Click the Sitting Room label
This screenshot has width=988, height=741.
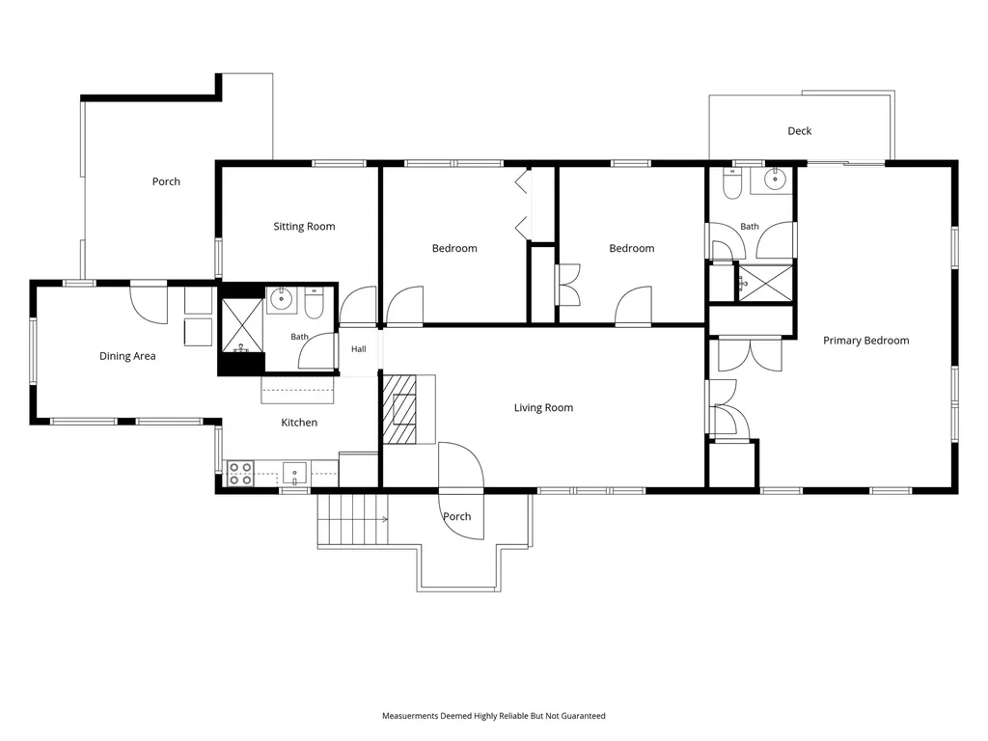(304, 226)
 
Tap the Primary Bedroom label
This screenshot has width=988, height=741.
(865, 341)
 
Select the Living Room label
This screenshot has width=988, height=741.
(543, 408)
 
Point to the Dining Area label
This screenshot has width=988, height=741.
(127, 356)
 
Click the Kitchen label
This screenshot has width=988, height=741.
(299, 423)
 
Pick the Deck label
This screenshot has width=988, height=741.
(799, 131)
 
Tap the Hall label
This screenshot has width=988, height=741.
(359, 349)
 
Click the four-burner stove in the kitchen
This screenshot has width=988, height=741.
(240, 473)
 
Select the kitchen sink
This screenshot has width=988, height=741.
(294, 473)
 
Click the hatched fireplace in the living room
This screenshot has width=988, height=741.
(399, 409)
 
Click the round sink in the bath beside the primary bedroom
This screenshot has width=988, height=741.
(775, 179)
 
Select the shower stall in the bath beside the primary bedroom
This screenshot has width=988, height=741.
(765, 283)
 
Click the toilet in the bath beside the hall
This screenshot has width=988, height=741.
(314, 304)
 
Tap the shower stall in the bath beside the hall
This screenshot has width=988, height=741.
(242, 326)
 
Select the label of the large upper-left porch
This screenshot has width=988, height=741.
(166, 181)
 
